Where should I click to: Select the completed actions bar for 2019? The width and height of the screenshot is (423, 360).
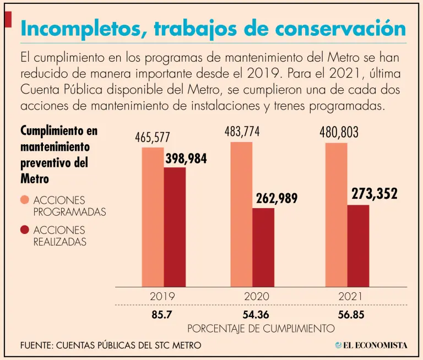(175, 226)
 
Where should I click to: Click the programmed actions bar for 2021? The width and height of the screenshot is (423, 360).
(336, 214)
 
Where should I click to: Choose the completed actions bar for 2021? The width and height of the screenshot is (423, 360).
(358, 245)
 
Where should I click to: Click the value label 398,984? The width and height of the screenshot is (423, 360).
(186, 159)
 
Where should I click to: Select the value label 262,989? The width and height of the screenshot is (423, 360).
(276, 198)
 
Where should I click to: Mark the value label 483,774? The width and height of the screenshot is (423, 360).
(242, 132)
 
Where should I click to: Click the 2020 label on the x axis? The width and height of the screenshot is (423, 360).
(257, 296)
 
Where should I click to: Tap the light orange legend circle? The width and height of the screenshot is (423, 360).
(25, 200)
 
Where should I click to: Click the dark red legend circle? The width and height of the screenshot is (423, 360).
(25, 230)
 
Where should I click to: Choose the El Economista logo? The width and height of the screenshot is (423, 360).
(371, 345)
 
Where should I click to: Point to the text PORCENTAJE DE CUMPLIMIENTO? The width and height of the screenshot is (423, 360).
(261, 328)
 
